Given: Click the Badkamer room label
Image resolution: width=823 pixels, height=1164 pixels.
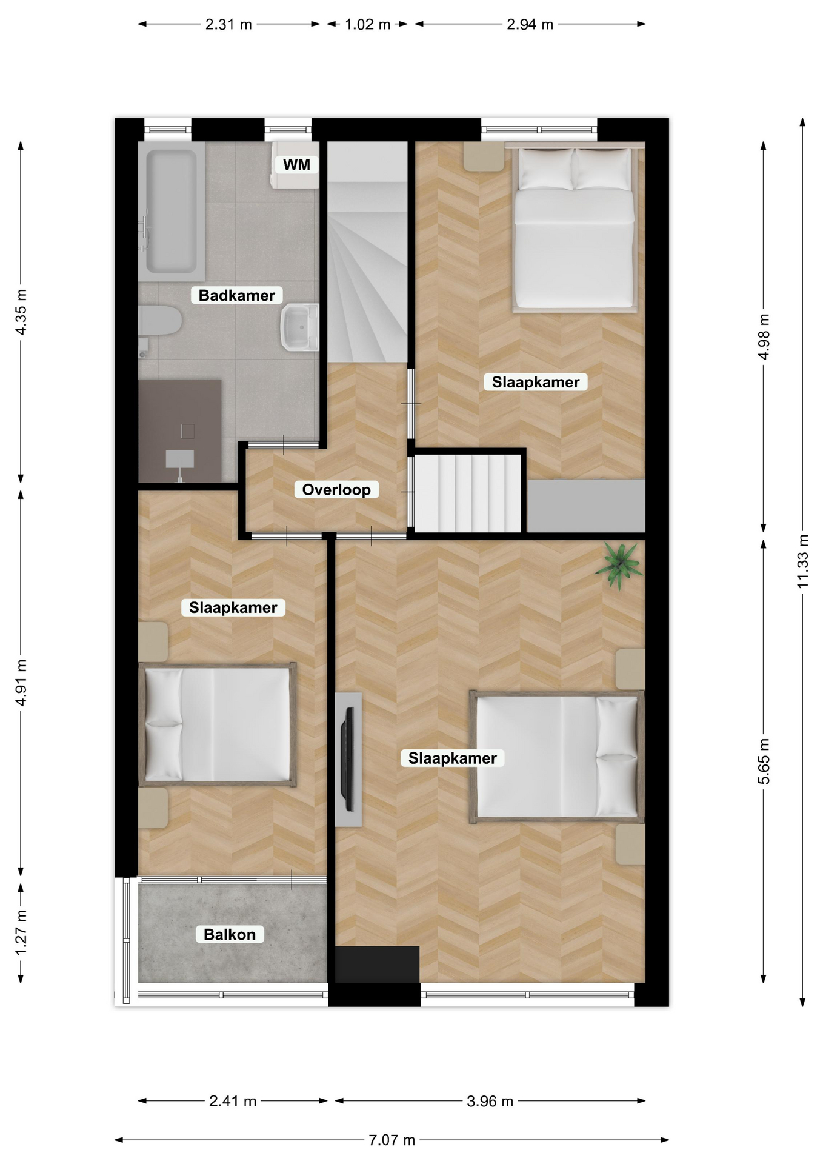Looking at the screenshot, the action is coord(237,295).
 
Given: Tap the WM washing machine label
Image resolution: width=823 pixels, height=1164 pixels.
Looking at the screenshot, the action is coord(296,164).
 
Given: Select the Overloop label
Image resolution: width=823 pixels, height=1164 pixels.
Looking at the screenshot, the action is coord(336,490).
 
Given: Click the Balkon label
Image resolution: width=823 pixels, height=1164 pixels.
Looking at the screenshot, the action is coord(230,934).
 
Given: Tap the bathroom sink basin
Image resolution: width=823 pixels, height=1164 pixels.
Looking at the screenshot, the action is coord(300,327).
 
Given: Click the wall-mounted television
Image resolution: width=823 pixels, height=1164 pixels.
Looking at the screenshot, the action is coord(348,759).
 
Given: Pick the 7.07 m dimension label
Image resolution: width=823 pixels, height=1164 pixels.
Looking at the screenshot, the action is coord(392,1140).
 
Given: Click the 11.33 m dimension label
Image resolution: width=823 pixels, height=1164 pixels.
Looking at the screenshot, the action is coord(803,561).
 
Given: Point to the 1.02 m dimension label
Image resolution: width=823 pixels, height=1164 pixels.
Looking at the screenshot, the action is coord(368,25).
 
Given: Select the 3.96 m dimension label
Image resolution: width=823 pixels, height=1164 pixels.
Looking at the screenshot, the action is coord(490,1101).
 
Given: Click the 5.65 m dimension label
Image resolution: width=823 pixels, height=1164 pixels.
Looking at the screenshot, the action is coord(764,761).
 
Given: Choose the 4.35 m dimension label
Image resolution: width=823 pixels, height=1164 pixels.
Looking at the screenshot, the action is coord(21,312).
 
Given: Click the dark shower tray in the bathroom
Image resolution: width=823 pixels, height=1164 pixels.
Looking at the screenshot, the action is coord(180,432).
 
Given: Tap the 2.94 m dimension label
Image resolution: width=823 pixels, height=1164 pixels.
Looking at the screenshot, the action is coord(530,25).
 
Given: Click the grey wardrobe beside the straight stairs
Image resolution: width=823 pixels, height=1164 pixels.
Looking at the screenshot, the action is coord(586,506).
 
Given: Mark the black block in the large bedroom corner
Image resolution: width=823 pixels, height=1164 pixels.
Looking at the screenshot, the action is coord(377,964).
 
